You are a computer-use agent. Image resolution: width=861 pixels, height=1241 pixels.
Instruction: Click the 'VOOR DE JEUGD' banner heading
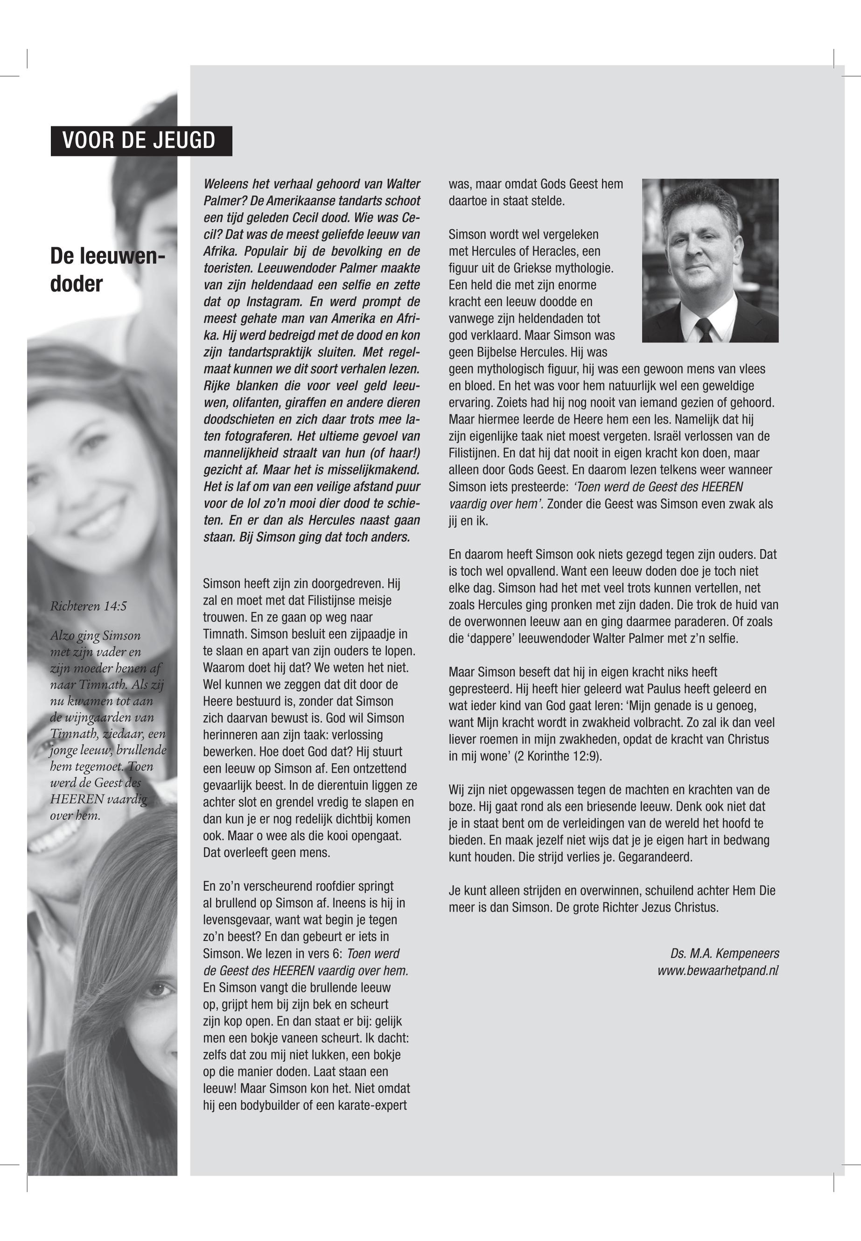pos(139,141)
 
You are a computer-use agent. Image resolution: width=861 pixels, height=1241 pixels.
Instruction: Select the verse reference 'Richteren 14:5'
pos(89,606)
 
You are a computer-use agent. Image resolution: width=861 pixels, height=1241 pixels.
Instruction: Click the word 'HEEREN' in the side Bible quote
pos(70,799)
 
